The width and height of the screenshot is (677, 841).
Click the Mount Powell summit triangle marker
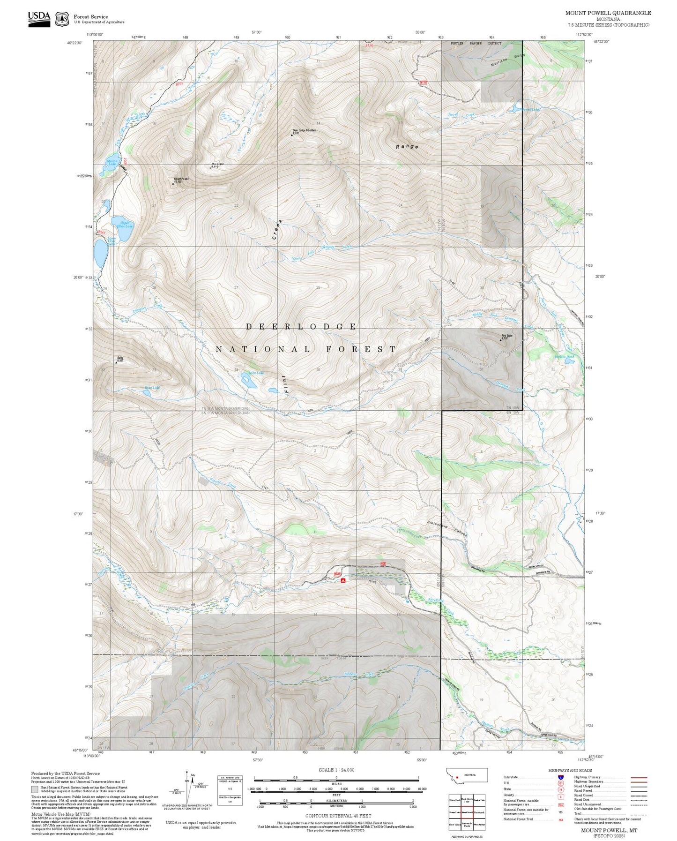(172, 183)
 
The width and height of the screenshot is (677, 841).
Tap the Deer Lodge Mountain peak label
(305, 130)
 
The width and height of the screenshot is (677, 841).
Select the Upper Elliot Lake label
(126, 225)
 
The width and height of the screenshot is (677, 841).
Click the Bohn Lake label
(256, 373)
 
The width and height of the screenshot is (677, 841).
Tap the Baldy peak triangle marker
(117, 362)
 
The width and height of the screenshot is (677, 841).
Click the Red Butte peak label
(507, 336)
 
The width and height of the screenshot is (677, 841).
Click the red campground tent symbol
(343, 580)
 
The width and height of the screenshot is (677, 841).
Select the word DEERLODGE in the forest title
(301, 326)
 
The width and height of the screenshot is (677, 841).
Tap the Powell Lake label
(529, 109)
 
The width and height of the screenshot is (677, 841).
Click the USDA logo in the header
(39, 18)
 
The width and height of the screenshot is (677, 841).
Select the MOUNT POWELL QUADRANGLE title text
(608, 13)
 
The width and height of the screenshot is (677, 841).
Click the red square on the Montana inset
(457, 776)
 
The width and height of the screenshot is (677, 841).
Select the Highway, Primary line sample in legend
(639, 777)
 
